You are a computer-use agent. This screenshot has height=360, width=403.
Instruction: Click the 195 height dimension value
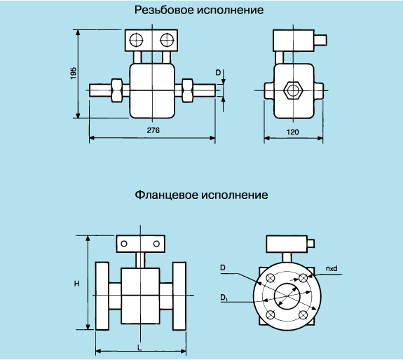point(74,73)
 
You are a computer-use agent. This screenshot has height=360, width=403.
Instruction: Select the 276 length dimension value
point(153,130)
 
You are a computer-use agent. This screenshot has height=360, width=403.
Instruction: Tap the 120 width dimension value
point(292,132)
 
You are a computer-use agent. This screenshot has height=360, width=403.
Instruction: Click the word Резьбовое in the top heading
point(164,10)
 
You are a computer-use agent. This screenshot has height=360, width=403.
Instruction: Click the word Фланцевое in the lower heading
point(166,195)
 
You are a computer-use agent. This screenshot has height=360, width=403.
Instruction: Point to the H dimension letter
point(76,284)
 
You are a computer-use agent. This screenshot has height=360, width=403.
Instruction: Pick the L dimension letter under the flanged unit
point(139,348)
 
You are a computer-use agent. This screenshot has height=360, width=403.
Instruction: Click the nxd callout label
point(332,268)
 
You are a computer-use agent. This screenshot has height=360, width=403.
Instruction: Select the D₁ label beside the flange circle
point(224,298)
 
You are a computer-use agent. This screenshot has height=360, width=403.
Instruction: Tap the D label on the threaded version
point(218,73)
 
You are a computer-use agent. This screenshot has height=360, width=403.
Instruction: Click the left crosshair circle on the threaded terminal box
point(136,40)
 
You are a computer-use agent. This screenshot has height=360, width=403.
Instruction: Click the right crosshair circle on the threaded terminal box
point(167,40)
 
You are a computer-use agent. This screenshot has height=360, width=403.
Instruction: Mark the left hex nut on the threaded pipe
point(117,90)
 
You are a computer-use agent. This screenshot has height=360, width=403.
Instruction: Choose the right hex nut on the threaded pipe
point(187,90)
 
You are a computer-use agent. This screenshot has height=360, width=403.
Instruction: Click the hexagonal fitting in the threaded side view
point(293,90)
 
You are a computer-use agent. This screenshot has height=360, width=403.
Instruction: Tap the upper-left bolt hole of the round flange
point(270,278)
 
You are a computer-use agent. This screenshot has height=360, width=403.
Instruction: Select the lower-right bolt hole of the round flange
point(303,315)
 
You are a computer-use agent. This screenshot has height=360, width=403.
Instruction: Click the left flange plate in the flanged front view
point(102,296)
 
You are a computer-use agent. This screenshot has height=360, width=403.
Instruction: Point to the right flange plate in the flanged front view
point(179,296)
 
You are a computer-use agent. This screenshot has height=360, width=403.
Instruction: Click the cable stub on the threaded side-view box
point(320,40)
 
